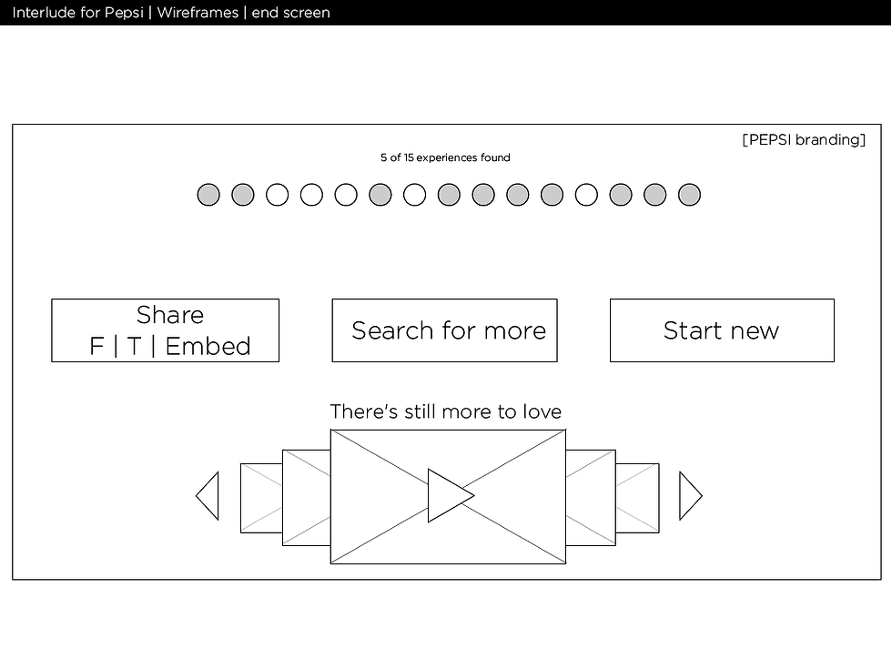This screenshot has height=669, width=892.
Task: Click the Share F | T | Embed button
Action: [165, 329]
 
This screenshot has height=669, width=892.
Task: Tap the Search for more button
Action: [444, 329]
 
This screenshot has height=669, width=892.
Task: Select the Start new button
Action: [722, 329]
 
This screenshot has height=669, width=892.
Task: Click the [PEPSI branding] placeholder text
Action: [804, 140]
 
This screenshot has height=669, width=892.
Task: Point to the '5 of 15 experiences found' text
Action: [445, 157]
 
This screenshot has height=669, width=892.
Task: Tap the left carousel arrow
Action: [208, 495]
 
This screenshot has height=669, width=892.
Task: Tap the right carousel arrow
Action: [691, 495]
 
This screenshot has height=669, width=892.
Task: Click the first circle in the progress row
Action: [208, 195]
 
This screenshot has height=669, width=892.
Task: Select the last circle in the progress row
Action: [690, 195]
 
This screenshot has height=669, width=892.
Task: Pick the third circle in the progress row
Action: [277, 195]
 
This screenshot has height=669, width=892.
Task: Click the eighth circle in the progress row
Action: [449, 195]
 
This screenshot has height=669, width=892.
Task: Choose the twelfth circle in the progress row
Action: [586, 195]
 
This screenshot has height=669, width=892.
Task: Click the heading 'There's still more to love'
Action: [446, 411]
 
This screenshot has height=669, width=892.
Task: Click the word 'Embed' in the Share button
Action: [208, 346]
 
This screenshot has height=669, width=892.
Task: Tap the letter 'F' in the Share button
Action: [96, 346]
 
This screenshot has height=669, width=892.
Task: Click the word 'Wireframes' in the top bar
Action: [198, 13]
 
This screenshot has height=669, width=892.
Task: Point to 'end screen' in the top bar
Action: [290, 13]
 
